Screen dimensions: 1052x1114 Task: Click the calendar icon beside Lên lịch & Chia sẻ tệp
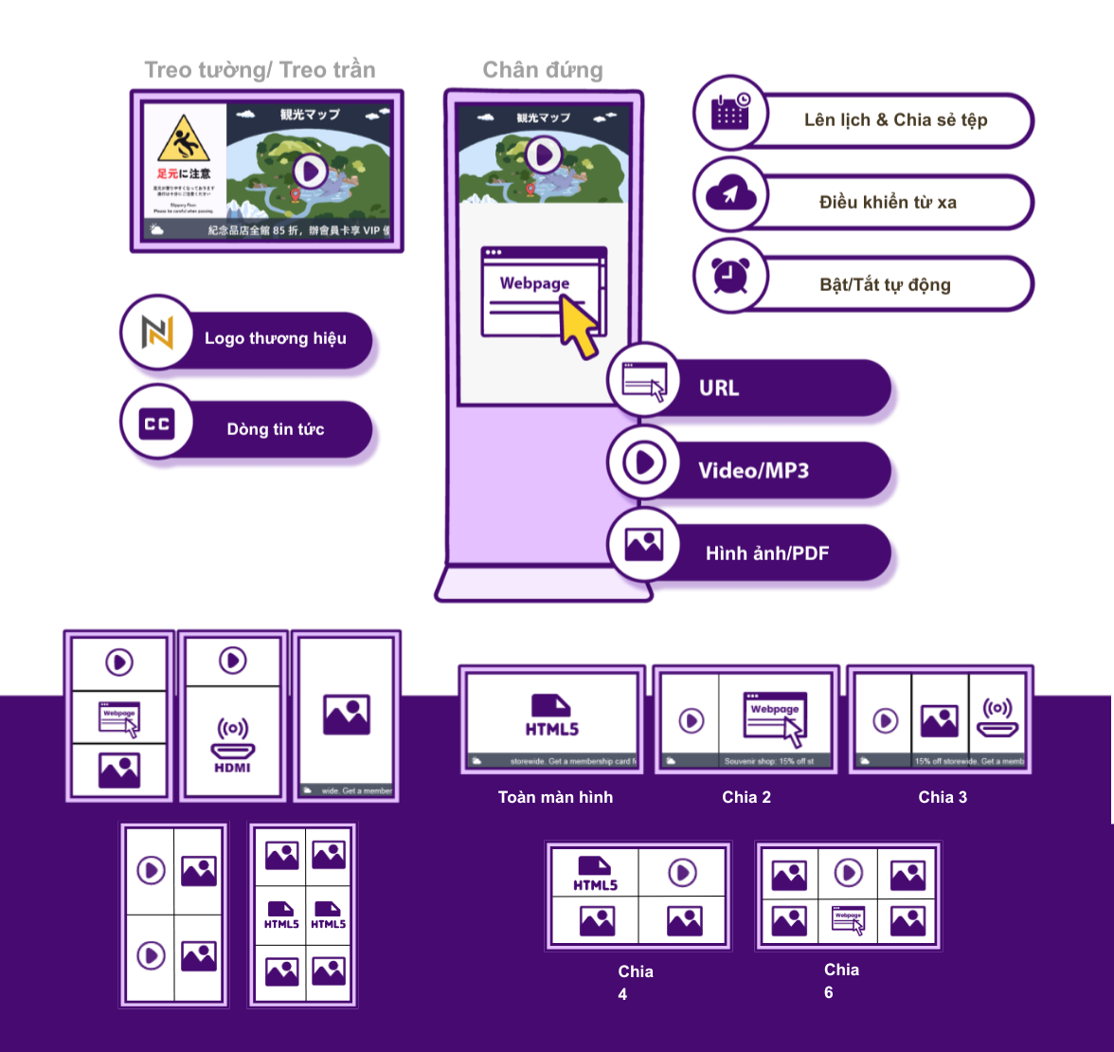tap(730, 112)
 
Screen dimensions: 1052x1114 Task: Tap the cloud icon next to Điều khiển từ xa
tap(730, 194)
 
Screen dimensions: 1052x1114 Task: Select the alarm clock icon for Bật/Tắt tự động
tap(730, 276)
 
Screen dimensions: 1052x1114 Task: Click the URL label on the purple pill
tap(719, 388)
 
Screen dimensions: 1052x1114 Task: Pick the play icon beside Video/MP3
tap(645, 463)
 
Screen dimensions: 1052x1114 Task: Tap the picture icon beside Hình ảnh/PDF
tap(644, 544)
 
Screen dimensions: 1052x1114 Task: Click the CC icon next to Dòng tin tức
tap(157, 424)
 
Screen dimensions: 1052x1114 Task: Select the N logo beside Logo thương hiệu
tap(157, 333)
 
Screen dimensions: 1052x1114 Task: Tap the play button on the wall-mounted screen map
tap(309, 172)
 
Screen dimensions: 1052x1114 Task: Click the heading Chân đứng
tap(543, 70)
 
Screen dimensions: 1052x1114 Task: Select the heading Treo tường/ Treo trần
tap(260, 70)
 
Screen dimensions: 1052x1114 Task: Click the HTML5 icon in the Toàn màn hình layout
tap(552, 716)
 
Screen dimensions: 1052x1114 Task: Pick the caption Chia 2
tap(746, 797)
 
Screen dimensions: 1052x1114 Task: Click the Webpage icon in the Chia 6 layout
tap(848, 919)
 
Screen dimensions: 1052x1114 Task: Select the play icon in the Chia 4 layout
tap(683, 872)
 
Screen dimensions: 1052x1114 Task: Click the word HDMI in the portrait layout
tap(232, 768)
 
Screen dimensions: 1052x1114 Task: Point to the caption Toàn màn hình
tap(555, 797)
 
